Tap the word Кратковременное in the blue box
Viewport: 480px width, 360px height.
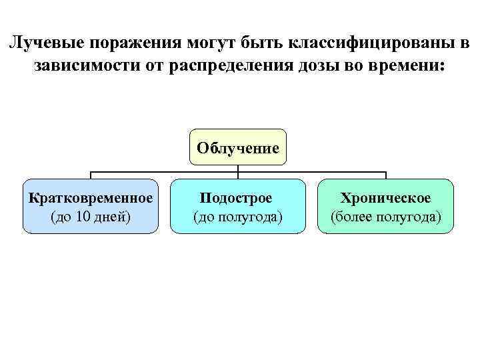91,198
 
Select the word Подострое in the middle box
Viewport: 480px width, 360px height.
238,198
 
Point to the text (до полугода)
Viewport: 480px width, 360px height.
238,217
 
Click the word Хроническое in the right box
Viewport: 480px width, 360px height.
386,198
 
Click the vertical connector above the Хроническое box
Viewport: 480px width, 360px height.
386,175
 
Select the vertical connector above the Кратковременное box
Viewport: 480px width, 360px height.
91,175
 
